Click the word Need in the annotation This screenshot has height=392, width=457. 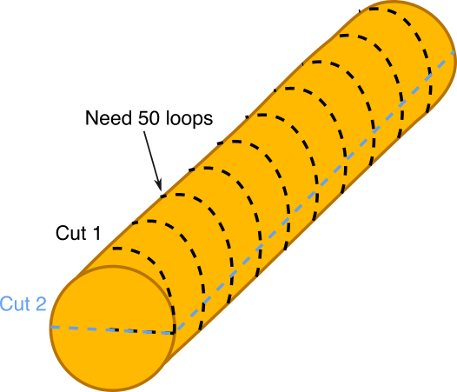coord(108,118)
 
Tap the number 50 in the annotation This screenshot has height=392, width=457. coord(149,118)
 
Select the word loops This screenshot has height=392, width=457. coord(189,119)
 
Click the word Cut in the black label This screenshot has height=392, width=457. coord(71,233)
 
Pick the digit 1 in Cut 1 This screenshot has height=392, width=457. coord(96,233)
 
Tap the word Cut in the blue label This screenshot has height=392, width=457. coord(15,303)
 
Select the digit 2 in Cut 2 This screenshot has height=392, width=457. coord(41,303)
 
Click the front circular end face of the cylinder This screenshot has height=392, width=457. coord(112,329)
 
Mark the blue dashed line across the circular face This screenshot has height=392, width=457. coord(112,330)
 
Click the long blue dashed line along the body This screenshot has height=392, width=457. coord(315,192)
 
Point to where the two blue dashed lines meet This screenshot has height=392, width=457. coord(174,333)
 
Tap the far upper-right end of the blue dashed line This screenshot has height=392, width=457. coord(454,52)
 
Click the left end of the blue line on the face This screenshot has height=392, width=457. coord(51,328)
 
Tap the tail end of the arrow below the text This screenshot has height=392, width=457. coord(143,131)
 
